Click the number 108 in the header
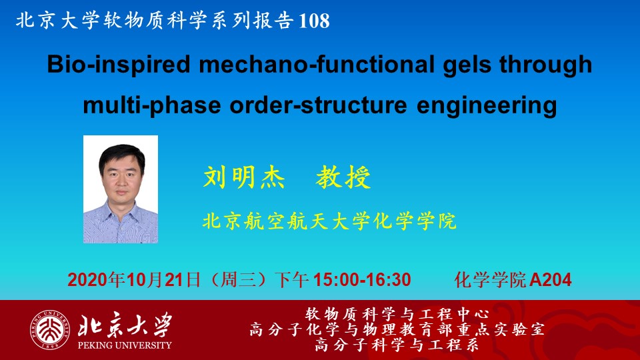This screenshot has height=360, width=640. [x=314, y=21]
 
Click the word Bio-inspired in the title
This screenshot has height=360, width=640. [x=119, y=65]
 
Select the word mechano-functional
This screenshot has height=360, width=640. [x=317, y=64]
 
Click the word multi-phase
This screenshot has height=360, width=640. [x=152, y=106]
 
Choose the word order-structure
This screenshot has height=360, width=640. [x=319, y=105]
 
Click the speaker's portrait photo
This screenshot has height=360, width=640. [x=121, y=189]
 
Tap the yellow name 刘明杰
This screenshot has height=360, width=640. [x=244, y=177]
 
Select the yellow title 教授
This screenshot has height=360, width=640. [x=343, y=177]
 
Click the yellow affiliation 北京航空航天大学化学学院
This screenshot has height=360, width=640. [x=329, y=221]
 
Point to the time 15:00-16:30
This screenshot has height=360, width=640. [x=362, y=280]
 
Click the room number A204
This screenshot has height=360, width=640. [x=551, y=280]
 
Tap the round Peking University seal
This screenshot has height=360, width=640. [x=50, y=330]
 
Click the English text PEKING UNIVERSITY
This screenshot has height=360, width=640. [x=125, y=345]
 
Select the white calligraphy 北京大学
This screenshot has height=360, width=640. [x=125, y=325]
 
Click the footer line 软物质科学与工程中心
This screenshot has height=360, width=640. [x=397, y=314]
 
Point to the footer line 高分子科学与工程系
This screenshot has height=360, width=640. [x=397, y=345]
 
